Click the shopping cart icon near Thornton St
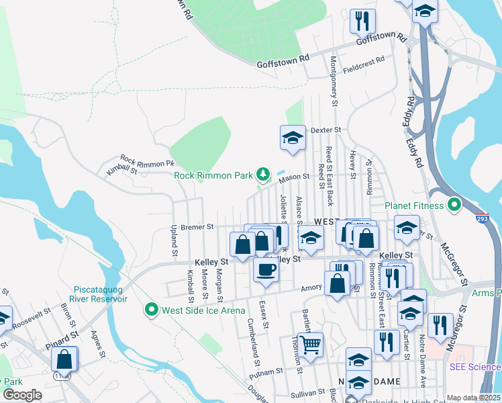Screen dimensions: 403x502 click(310, 345)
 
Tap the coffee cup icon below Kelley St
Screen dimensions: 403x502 click(266, 270)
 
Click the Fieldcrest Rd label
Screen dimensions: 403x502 click(363, 60)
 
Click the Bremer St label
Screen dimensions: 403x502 click(197, 227)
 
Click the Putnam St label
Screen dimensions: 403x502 click(265, 371)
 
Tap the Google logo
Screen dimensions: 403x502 click(22, 395)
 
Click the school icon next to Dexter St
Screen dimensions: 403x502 click(293, 138)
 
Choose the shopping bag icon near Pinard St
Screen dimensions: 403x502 click(64, 359)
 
